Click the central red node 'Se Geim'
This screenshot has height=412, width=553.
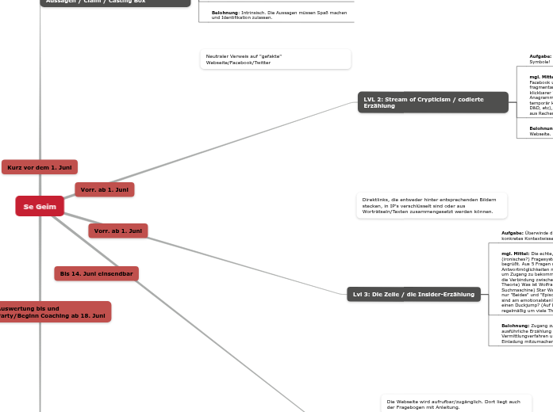click(40, 206)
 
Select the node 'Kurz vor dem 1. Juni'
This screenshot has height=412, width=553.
click(40, 167)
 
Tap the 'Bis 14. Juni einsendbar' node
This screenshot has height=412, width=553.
click(96, 273)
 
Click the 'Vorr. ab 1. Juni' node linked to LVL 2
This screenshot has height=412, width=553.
click(105, 189)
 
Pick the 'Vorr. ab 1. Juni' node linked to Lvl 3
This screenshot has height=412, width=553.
click(117, 231)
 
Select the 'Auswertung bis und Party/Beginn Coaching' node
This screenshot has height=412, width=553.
click(52, 311)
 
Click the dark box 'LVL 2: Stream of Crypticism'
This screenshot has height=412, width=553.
click(432, 102)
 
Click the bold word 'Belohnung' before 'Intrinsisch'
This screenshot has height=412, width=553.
click(225, 13)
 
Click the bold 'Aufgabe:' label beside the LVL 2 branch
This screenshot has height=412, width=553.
click(540, 56)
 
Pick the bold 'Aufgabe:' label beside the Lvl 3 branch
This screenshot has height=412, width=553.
click(513, 233)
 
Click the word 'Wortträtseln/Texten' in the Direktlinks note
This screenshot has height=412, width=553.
click(385, 212)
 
